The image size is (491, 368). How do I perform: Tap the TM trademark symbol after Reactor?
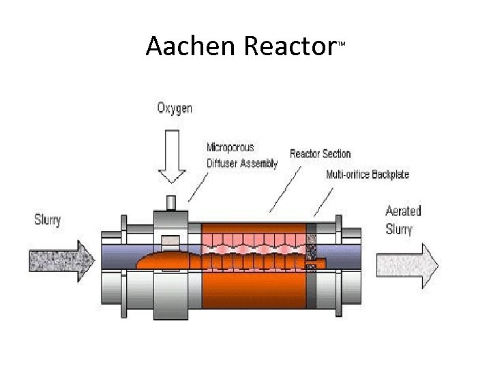[342, 44]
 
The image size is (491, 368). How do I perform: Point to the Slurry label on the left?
[48, 219]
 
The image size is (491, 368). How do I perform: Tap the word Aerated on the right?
[403, 213]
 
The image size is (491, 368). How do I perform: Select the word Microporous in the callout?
[230, 147]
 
